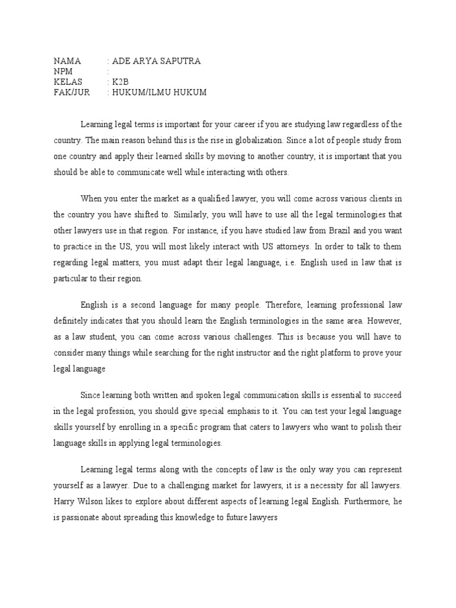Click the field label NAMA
(67, 61)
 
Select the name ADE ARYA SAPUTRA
(156, 61)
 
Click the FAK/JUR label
(69, 93)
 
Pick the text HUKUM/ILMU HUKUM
(160, 93)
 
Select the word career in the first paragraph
(239, 124)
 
